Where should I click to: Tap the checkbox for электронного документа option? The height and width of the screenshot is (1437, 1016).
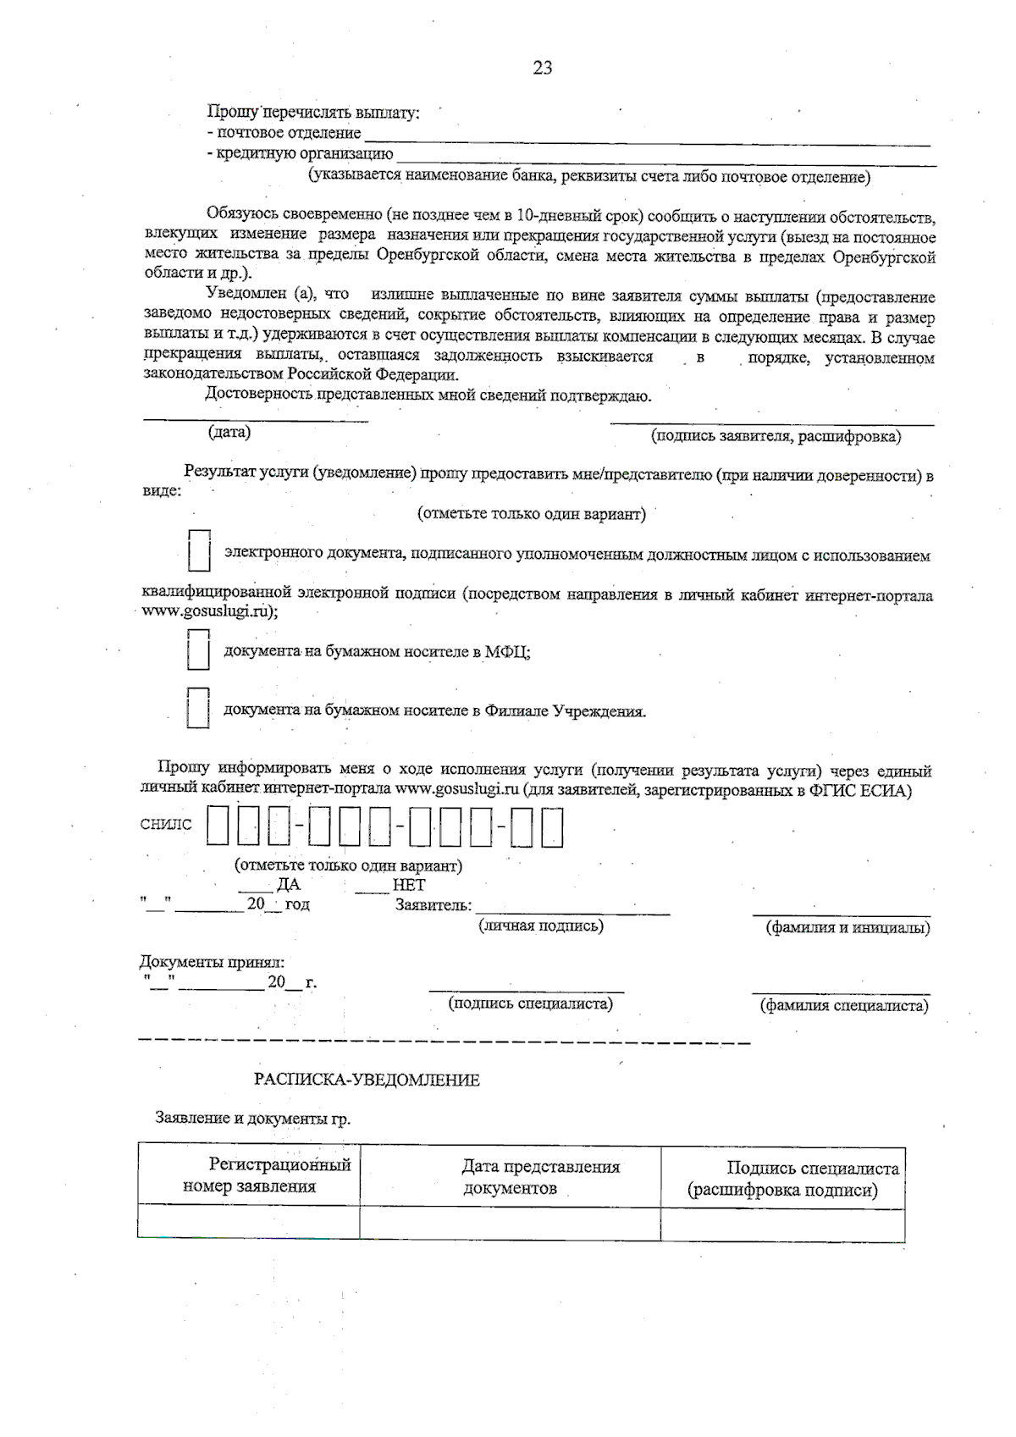[199, 550]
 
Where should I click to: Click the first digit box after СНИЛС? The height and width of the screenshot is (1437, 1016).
[218, 826]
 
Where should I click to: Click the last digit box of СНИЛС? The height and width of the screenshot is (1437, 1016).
[551, 826]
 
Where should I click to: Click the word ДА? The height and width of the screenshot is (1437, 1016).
[288, 885]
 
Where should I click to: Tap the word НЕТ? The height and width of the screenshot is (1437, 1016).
[409, 885]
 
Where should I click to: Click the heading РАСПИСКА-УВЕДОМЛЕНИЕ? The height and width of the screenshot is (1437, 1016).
[367, 1080]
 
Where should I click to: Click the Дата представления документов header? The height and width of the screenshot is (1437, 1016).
[540, 1177]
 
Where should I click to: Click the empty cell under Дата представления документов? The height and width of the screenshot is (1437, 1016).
[510, 1224]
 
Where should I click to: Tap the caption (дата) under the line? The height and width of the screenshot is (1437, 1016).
[229, 432]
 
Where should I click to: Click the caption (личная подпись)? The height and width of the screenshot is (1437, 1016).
[541, 926]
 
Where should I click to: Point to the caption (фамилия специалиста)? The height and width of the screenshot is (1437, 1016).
[844, 1005]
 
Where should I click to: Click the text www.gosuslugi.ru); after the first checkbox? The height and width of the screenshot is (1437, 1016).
[211, 611]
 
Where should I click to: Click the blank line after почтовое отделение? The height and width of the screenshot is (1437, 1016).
[648, 139]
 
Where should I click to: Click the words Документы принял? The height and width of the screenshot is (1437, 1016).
[212, 962]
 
